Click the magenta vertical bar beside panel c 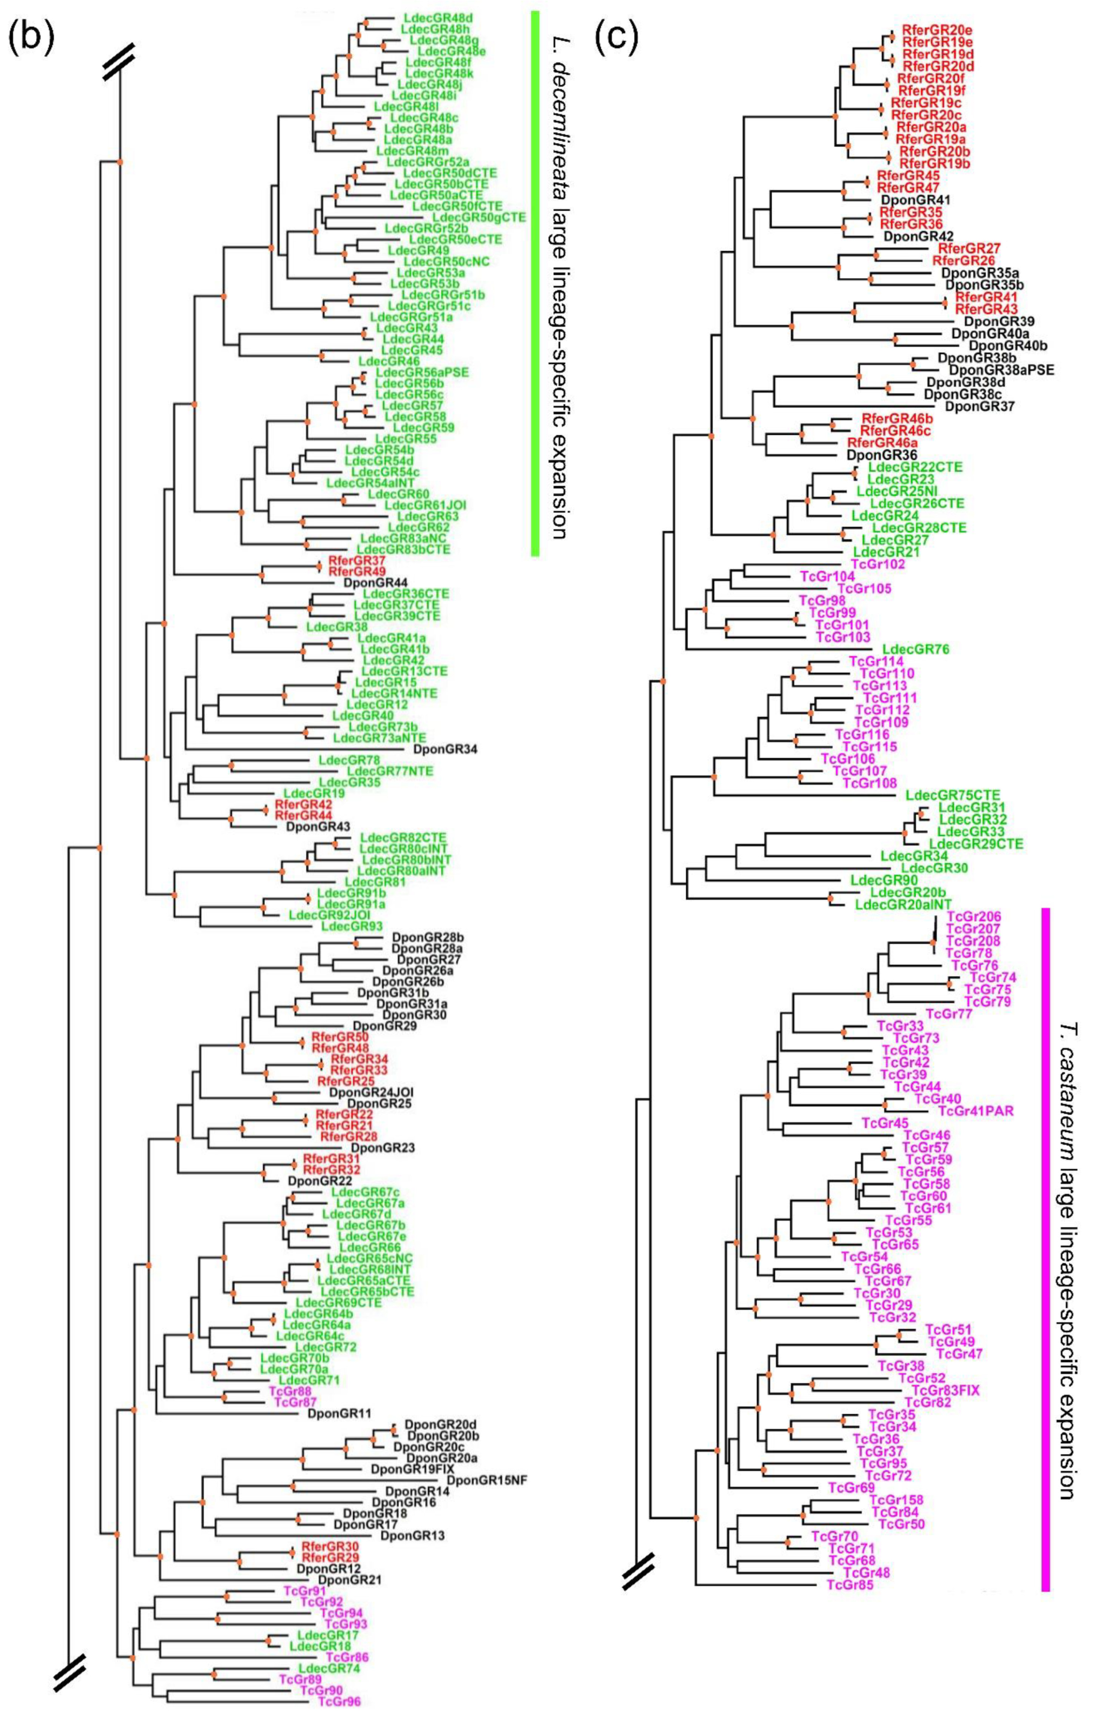(1045, 1247)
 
